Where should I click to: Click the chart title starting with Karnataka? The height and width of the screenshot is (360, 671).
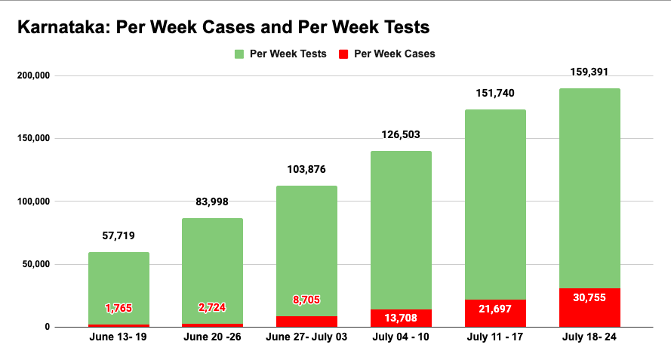[x=223, y=27]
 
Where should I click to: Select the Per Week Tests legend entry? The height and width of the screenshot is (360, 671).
[x=280, y=54]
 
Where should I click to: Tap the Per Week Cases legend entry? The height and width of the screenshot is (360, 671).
[x=387, y=54]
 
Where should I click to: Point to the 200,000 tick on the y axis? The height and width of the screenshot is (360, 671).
[x=32, y=75]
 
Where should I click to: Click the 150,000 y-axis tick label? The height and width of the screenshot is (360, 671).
[x=32, y=138]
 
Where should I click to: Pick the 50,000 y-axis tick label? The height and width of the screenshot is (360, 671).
[x=34, y=264]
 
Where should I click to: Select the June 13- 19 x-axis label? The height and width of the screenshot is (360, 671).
[x=119, y=337]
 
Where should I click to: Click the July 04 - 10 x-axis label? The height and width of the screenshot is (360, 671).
[x=402, y=337]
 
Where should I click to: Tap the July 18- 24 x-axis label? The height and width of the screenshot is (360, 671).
[x=589, y=337]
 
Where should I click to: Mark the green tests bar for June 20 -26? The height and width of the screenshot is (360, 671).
[x=212, y=264]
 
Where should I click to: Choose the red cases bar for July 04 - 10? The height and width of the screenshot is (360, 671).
[x=402, y=318]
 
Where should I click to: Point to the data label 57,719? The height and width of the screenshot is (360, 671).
[x=119, y=235]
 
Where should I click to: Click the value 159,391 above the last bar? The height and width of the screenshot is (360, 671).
[x=589, y=72]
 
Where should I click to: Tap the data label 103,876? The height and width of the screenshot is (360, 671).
[x=306, y=170]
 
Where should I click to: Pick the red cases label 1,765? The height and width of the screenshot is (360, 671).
[x=119, y=308]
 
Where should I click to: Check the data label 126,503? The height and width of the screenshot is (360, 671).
[x=402, y=135]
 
